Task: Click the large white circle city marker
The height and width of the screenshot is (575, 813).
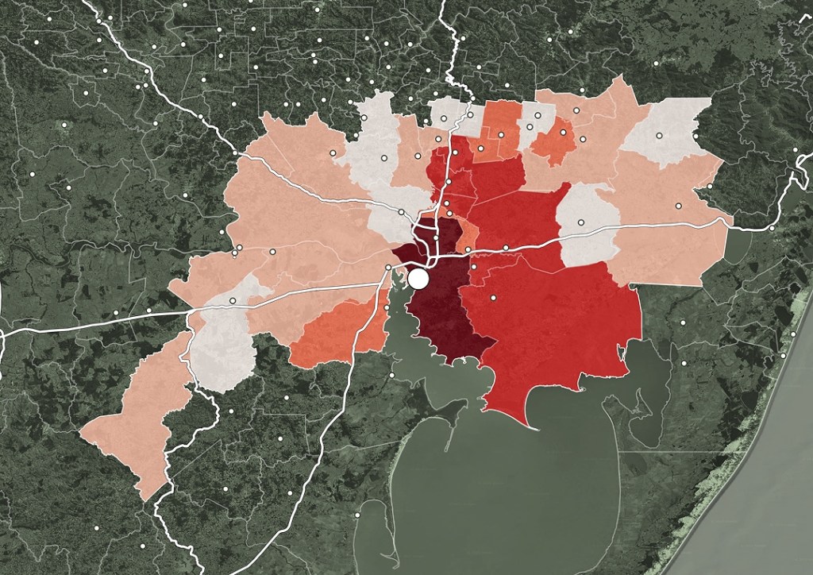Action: (418, 279)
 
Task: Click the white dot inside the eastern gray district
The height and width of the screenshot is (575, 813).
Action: (580, 222)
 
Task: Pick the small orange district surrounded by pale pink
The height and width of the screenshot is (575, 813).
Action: (554, 141)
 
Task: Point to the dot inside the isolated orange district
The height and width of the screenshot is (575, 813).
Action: (563, 133)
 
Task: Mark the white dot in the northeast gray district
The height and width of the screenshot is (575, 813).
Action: (659, 137)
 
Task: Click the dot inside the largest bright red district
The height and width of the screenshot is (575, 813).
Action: (493, 298)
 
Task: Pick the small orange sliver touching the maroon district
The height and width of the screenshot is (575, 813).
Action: (468, 234)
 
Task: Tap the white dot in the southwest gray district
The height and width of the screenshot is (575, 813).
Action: (233, 301)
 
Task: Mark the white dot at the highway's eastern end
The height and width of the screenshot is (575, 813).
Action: (772, 228)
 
